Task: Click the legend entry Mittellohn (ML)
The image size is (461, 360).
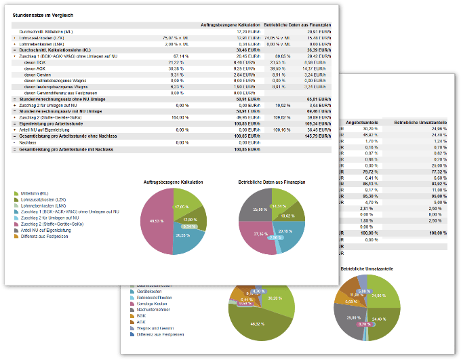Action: pyautogui.click(x=38, y=193)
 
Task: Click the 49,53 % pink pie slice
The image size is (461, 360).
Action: pyautogui.click(x=158, y=222)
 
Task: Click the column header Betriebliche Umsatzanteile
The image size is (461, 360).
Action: pyautogui.click(x=420, y=122)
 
